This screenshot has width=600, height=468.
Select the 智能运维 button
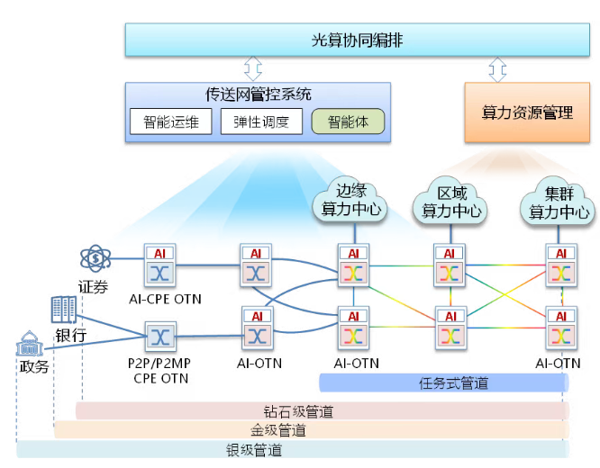170,121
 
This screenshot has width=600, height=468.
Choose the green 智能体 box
348,121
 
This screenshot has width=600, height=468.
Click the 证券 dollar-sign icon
95,260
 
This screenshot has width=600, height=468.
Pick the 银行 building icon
64,310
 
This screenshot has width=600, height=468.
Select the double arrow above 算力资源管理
497,68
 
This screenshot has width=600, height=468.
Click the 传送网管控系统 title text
259,94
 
